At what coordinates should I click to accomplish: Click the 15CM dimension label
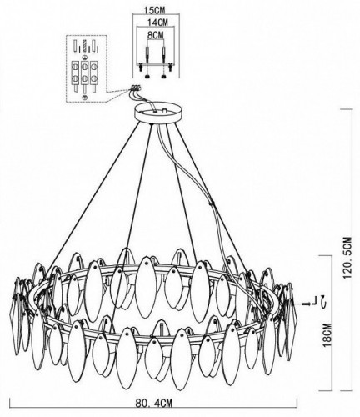tap(155, 10)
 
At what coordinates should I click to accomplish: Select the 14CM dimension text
tap(157, 23)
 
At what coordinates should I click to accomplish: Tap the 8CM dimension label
tap(155, 35)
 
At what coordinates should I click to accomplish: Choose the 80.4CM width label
tap(154, 403)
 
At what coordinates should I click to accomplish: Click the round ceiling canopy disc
tap(157, 113)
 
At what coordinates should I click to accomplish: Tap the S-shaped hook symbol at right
tap(322, 302)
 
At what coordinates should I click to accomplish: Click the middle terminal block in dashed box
tap(85, 73)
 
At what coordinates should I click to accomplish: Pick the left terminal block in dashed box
tap(76, 73)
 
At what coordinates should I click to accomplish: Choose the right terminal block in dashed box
tap(94, 73)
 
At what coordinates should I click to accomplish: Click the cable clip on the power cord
tap(213, 203)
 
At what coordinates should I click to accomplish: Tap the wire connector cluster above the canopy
tap(135, 88)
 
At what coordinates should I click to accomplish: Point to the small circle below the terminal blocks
tap(85, 97)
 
